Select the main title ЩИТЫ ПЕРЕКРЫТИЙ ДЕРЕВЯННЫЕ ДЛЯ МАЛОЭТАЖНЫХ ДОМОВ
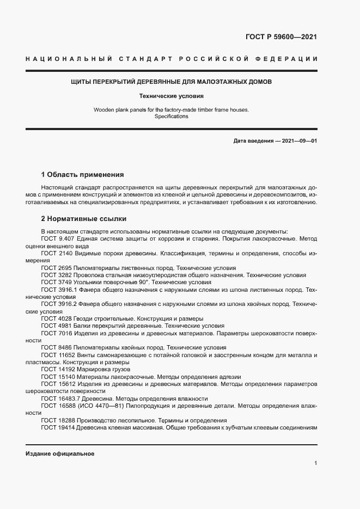(x=171, y=82)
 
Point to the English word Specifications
(x=171, y=116)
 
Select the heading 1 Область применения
(x=82, y=175)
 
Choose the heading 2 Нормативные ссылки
(x=83, y=219)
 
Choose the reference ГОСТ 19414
(x=57, y=427)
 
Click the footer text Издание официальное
(x=60, y=453)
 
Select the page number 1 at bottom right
(x=315, y=463)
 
